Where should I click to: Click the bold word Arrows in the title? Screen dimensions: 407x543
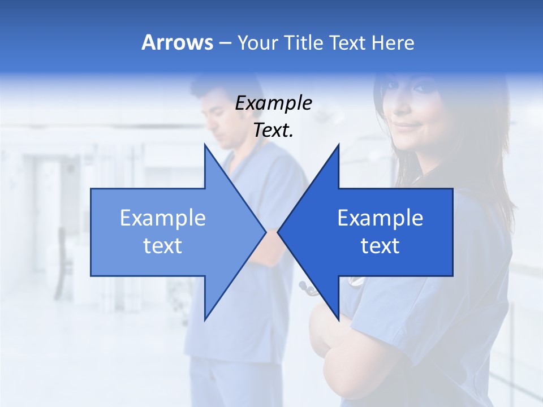point(177,42)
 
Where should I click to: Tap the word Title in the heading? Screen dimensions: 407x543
point(299,43)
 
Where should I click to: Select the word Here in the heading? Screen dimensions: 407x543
point(393,43)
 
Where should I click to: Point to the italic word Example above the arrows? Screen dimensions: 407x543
point(273,103)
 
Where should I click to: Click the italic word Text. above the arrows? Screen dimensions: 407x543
point(273,131)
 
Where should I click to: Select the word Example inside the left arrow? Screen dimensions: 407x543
point(162,218)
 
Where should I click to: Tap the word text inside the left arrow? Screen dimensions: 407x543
point(162,246)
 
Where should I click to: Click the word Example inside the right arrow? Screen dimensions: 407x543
point(380,218)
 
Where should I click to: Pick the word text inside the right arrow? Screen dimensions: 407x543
point(380,246)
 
